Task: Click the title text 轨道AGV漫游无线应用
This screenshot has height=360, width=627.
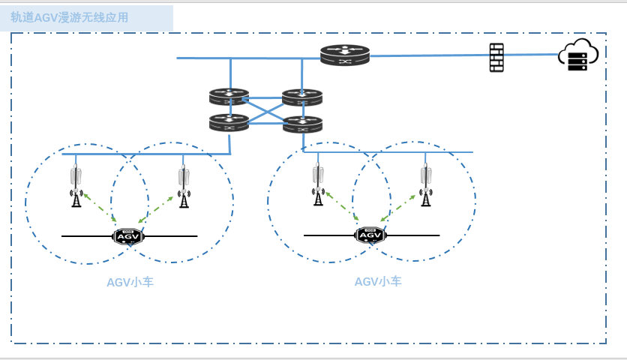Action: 70,17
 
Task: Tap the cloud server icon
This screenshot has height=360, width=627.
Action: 577,55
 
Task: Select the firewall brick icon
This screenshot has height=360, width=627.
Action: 496,57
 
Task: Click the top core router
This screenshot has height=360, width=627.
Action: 345,55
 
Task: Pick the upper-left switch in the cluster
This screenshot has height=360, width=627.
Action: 229,97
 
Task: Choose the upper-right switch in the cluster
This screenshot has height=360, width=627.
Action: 302,97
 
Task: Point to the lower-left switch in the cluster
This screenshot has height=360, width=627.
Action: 229,122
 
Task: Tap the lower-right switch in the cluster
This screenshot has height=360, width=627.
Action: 302,124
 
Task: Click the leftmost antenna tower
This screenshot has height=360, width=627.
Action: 76,186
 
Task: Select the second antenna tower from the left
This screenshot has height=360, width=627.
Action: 184,186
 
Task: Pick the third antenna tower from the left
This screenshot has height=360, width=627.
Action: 318,184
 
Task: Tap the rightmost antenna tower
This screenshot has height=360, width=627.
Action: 426,184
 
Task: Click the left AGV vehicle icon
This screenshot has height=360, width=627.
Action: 128,236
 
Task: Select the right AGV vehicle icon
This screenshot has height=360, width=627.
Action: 370,235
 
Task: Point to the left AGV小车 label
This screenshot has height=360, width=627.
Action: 130,283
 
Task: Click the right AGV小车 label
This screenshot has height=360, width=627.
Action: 378,282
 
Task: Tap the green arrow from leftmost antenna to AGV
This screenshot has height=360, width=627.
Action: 99,207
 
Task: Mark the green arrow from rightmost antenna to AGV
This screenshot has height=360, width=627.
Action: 398,208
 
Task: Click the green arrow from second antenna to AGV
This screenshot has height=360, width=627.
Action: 156,209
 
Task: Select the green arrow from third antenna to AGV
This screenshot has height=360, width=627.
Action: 341,205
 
